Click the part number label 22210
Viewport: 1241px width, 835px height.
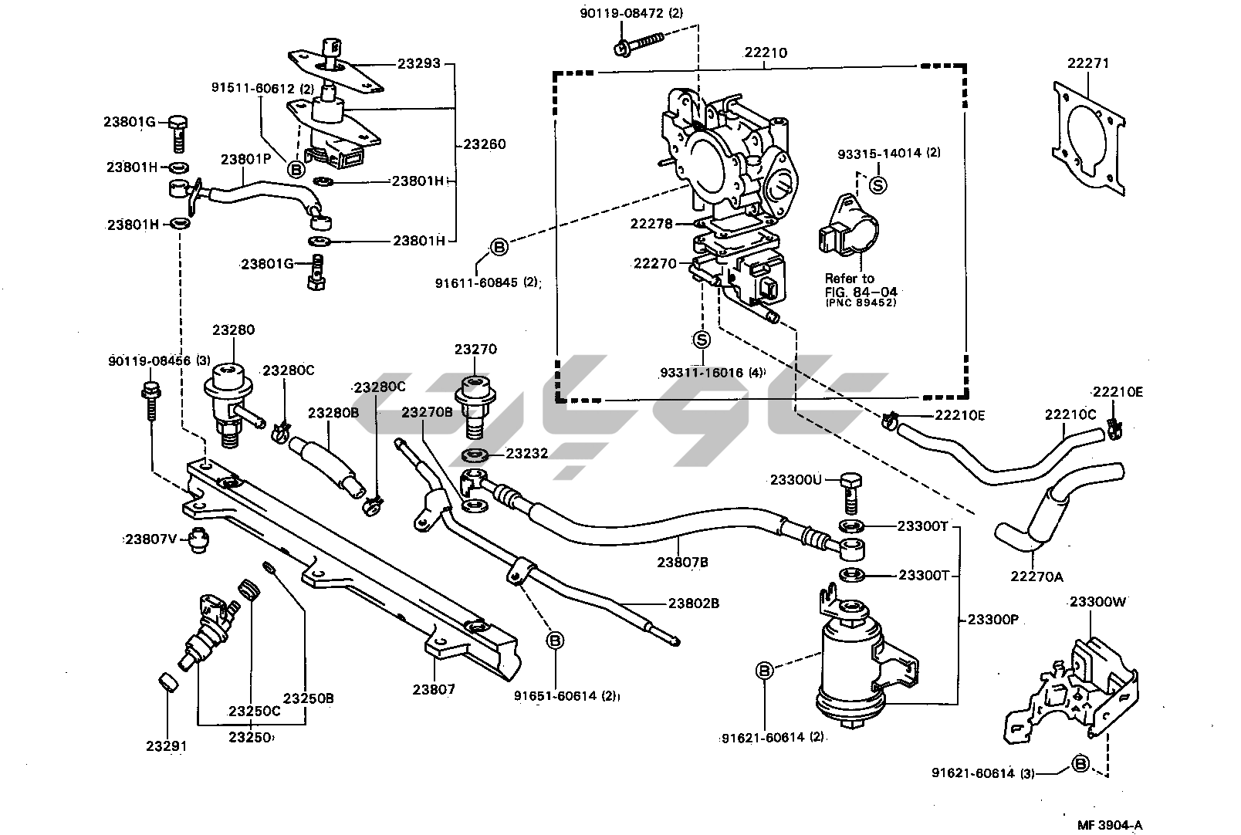(x=766, y=53)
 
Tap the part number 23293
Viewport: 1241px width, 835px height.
(x=419, y=63)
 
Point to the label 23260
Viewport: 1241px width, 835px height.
(x=485, y=144)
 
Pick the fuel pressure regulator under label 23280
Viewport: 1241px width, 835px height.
(x=228, y=397)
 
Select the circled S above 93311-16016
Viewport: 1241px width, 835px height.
(x=702, y=340)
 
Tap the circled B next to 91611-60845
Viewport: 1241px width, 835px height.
(x=499, y=247)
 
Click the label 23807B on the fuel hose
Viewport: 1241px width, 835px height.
(x=682, y=563)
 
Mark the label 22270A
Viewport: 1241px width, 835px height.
(x=1036, y=575)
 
